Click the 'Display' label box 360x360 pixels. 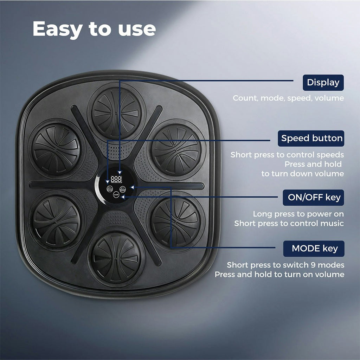(323, 82)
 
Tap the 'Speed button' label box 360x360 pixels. (311, 139)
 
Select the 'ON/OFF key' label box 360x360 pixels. (313, 198)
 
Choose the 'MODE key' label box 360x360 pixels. (314, 249)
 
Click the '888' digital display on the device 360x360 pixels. (116, 179)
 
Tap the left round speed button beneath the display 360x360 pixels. (110, 189)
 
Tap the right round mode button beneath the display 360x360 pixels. (123, 189)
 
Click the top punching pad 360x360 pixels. (116, 113)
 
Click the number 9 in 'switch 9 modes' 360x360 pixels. (313, 265)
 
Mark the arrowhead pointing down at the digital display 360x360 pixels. (120, 172)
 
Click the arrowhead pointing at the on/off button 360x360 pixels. (123, 197)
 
